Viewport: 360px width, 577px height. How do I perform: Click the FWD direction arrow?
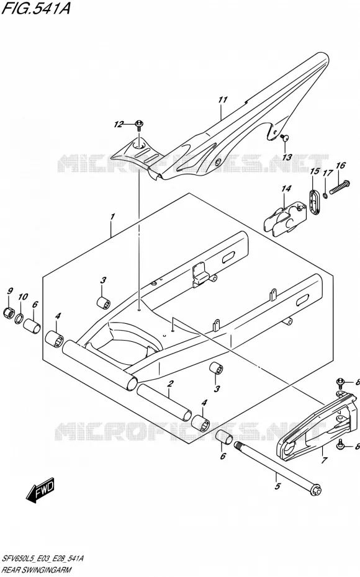click(x=40, y=491)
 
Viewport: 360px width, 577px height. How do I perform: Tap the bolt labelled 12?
click(x=140, y=125)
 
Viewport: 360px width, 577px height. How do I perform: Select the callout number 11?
click(x=223, y=100)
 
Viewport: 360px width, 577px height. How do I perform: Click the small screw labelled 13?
click(x=284, y=138)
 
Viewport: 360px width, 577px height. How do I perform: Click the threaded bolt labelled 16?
click(x=339, y=187)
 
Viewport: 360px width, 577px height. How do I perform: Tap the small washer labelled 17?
click(x=325, y=195)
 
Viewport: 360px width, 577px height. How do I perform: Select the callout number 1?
click(x=112, y=217)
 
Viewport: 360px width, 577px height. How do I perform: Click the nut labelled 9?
click(x=9, y=313)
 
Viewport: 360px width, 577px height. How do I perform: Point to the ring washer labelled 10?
click(x=20, y=318)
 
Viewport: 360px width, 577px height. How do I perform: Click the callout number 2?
click(x=169, y=384)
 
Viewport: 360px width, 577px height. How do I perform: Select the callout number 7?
click(x=324, y=460)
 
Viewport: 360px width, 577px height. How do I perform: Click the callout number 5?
click(x=278, y=486)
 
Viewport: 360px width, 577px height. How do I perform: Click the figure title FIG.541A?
click(x=36, y=7)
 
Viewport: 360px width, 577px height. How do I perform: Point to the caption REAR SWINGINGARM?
click(x=37, y=570)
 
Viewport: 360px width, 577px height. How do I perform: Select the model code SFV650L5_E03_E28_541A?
click(x=43, y=558)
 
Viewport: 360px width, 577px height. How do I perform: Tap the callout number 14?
click(x=286, y=189)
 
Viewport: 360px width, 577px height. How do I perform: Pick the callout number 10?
click(x=23, y=297)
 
